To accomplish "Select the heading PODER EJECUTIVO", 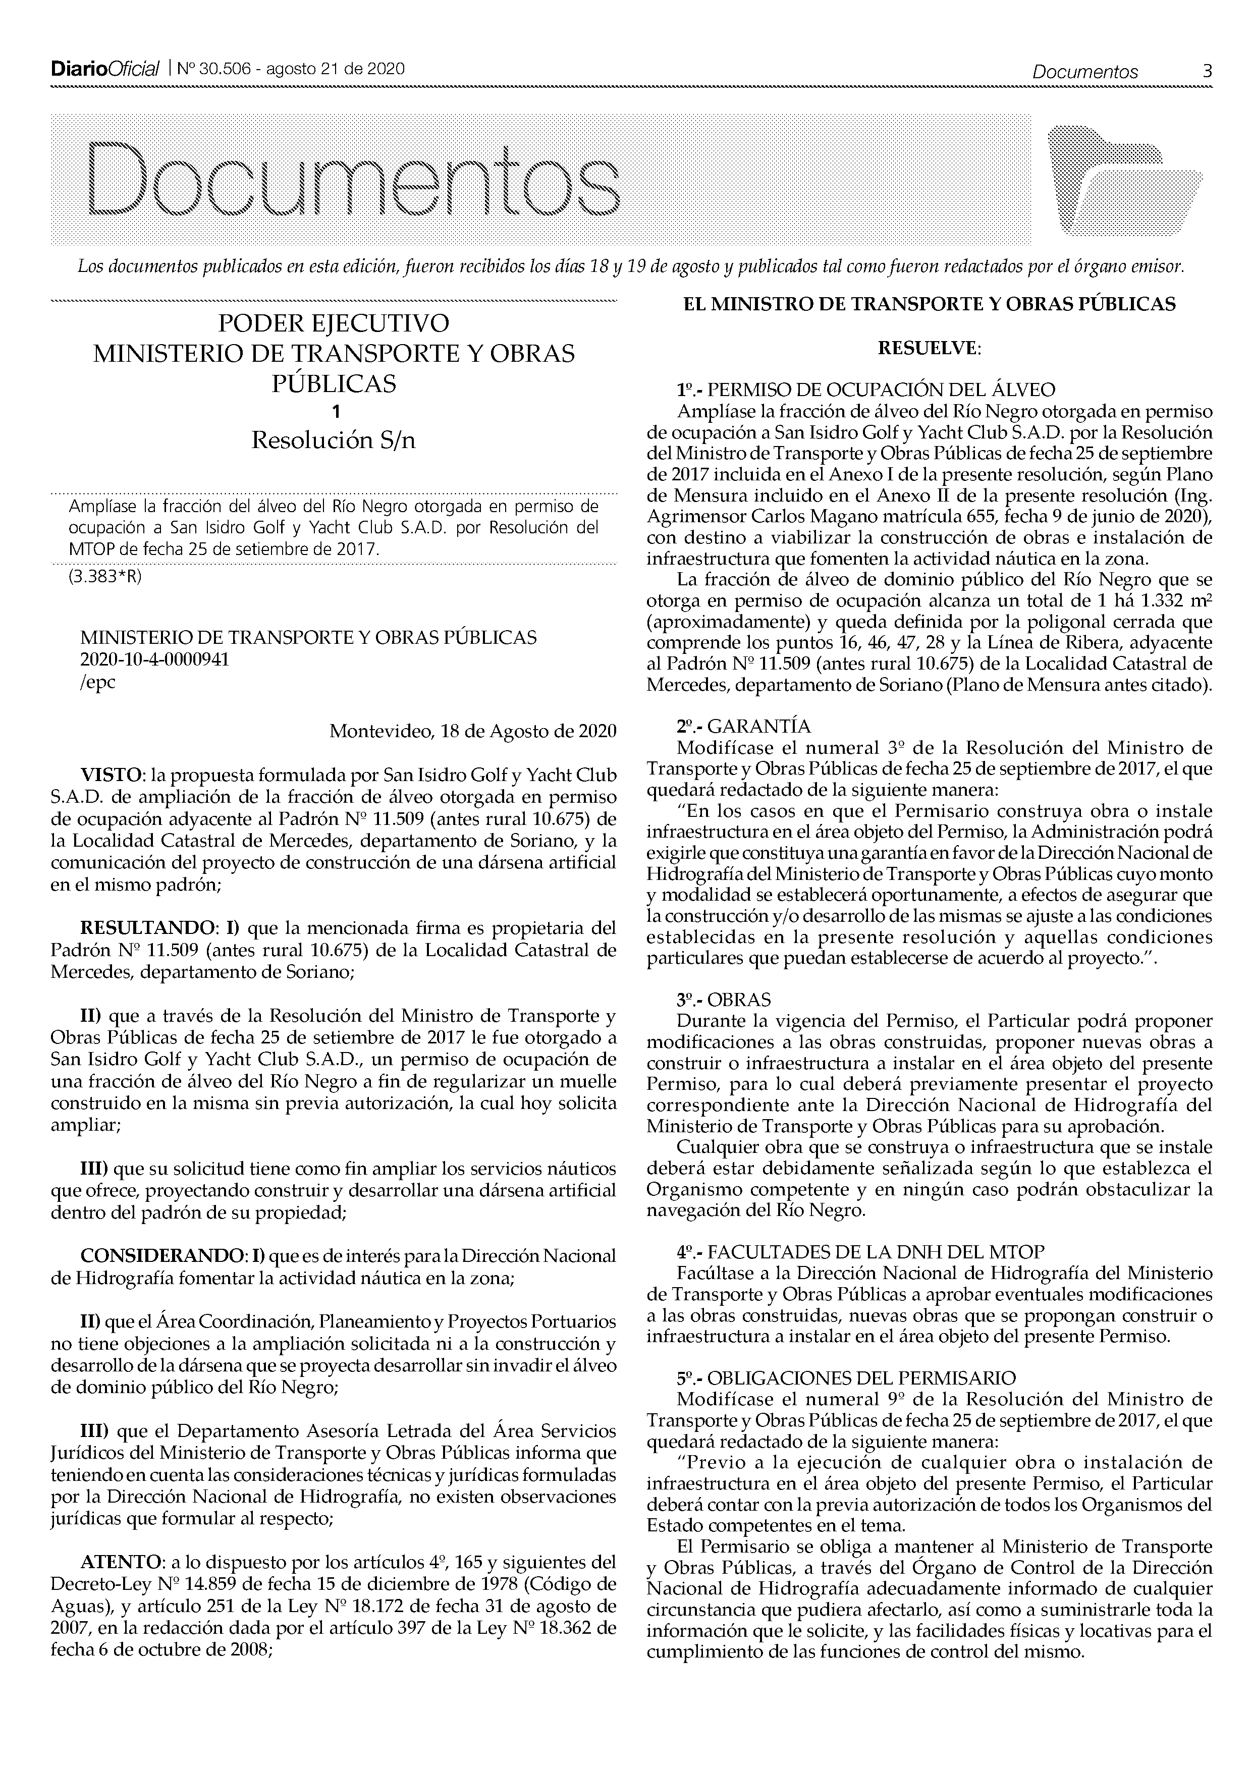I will (x=333, y=322).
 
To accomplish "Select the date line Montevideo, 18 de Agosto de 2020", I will (x=472, y=731).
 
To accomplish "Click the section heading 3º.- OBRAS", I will (x=724, y=1000).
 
